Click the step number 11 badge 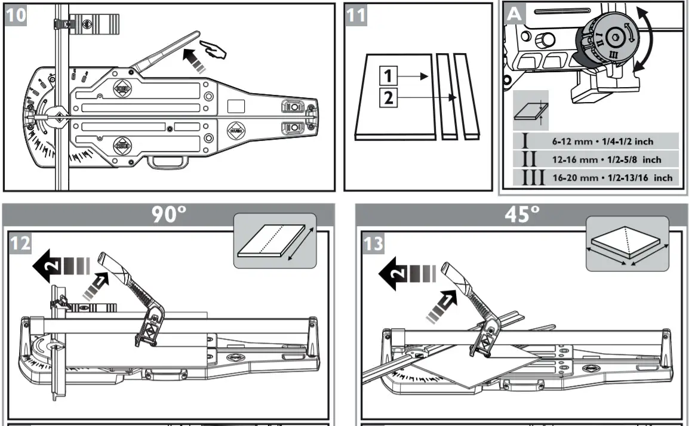356,15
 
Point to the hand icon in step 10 214,50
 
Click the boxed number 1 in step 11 388,76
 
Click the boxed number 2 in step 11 388,97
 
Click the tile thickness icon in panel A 531,112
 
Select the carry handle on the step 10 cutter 167,162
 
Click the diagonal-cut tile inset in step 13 627,243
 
